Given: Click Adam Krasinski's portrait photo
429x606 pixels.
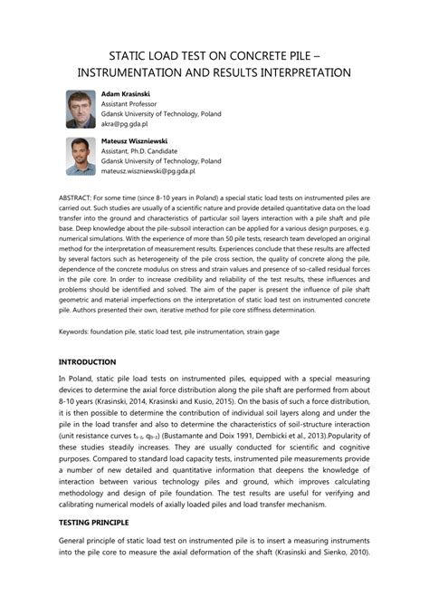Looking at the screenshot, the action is click(81, 108).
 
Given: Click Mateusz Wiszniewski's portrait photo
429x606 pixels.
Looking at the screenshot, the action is click(81, 156).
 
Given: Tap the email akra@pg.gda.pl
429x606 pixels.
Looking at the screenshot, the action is click(125, 126).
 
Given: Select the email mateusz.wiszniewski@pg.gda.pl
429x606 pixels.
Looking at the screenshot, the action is click(148, 170).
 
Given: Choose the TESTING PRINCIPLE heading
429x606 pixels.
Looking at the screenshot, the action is click(94, 549).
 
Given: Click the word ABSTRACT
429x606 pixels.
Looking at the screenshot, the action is click(75, 197).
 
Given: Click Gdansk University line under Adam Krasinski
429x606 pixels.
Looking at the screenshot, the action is click(161, 115).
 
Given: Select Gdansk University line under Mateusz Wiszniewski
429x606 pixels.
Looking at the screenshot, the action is click(161, 160).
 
